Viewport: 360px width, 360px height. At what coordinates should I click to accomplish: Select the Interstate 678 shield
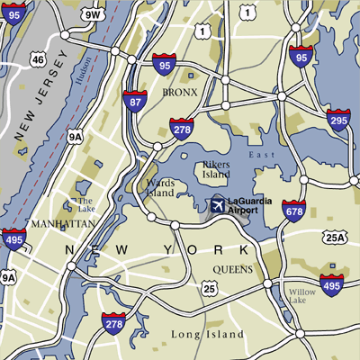(x=293, y=211)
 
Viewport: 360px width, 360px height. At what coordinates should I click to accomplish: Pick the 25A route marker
(x=336, y=238)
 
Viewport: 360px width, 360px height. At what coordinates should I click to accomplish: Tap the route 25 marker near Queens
(x=209, y=289)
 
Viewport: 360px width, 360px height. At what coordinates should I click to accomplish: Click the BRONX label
(x=179, y=92)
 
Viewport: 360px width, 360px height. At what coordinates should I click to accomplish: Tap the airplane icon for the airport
(x=217, y=205)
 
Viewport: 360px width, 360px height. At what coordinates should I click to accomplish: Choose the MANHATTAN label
(x=63, y=221)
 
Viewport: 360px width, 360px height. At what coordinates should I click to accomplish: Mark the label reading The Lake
(x=85, y=205)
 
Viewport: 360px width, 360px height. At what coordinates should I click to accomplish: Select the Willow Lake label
(x=302, y=297)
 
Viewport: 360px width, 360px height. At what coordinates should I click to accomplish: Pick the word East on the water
(x=262, y=156)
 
